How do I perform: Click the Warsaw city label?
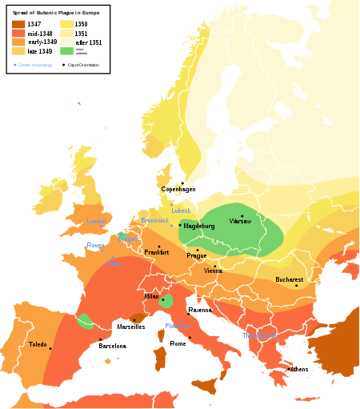tap(241, 221)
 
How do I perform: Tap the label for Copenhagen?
tap(178, 189)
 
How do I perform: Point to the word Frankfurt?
tap(157, 252)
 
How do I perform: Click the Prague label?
tap(197, 255)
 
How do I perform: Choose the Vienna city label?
tap(214, 271)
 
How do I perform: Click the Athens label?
tap(299, 369)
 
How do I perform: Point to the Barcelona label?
tap(113, 346)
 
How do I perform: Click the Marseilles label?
tap(131, 327)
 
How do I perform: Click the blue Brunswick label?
tap(153, 220)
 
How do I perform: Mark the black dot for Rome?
tap(178, 338)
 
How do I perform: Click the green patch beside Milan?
tap(166, 302)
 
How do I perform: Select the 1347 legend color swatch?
tap(18, 25)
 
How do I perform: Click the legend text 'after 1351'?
tap(89, 42)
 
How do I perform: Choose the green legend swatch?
tap(65, 50)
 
